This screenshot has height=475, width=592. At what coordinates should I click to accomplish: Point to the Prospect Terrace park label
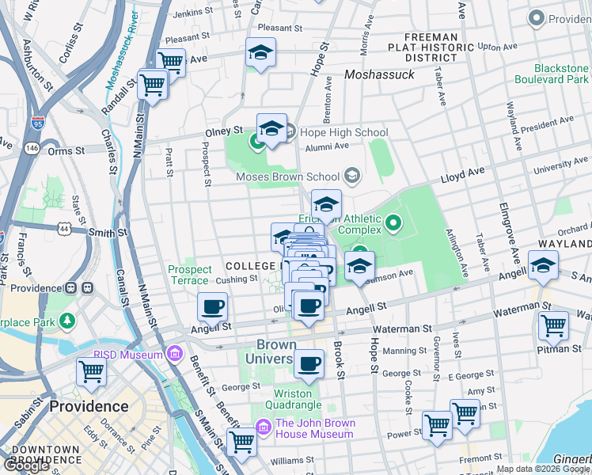189,275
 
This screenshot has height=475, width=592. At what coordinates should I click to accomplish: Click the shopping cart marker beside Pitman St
552,325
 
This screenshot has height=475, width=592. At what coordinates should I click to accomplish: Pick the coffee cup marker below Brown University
309,364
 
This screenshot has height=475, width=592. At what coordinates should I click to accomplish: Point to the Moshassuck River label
121,52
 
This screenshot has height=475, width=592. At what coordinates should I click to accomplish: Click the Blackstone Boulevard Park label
552,74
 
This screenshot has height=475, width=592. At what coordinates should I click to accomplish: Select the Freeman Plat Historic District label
431,47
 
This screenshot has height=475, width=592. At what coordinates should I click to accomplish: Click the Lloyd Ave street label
465,172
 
